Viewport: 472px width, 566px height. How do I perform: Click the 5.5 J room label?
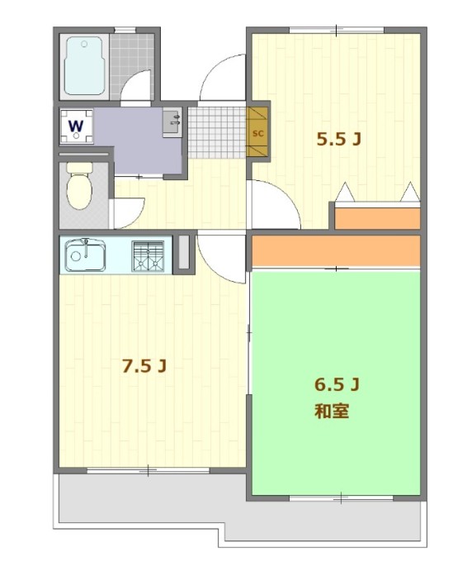coord(338,139)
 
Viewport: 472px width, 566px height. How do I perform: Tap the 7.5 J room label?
coord(144,366)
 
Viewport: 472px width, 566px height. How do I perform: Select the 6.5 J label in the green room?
coord(337,385)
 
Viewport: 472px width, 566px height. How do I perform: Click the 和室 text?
coord(332,411)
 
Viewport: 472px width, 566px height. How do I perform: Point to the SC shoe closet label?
coord(257,133)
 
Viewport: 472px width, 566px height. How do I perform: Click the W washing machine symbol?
coord(76,126)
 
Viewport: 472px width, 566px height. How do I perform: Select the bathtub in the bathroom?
coord(84,66)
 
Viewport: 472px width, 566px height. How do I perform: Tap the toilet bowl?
coord(80,186)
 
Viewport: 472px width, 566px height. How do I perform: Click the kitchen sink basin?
coord(85,256)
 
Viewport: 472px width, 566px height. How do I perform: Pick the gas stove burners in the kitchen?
coord(148,256)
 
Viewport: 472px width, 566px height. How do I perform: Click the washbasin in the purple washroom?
coord(172,123)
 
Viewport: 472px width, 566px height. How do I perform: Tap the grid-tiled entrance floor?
coord(217,132)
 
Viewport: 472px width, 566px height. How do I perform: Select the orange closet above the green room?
coord(336,251)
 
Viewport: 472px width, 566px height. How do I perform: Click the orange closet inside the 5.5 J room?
coord(378,218)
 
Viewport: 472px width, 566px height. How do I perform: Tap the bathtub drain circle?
coord(84,44)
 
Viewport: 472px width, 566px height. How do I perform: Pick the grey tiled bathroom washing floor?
coord(132,66)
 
